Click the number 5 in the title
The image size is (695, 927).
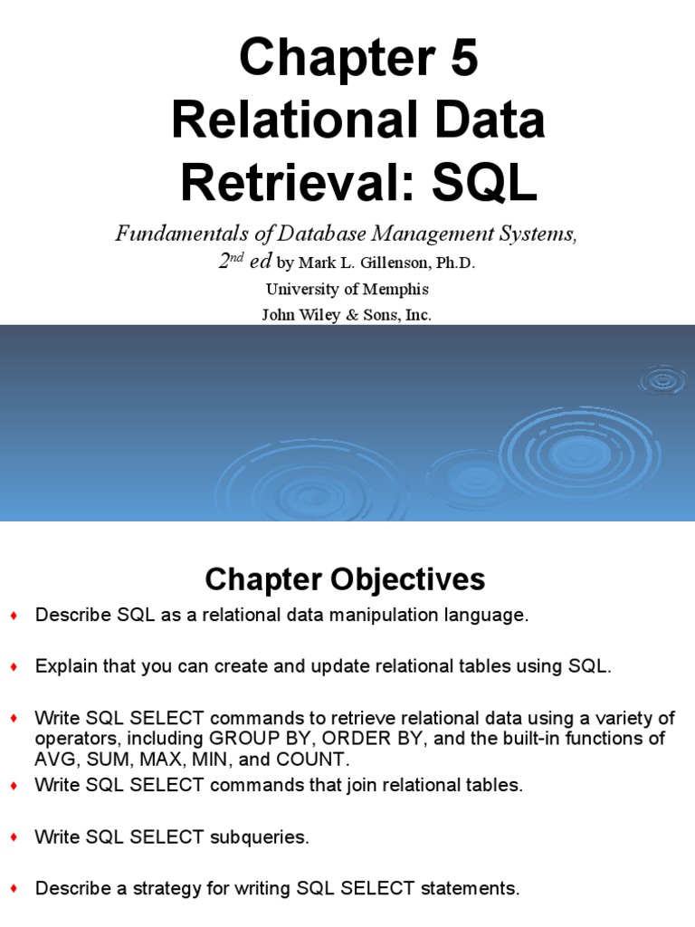[459, 61]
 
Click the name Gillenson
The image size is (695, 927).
[381, 263]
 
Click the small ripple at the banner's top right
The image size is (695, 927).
[663, 380]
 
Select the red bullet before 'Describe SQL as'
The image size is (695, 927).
[14, 616]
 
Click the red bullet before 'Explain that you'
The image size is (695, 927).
[14, 667]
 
